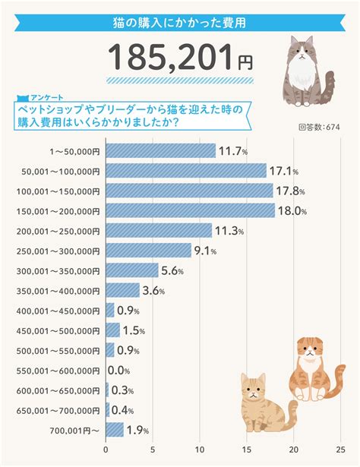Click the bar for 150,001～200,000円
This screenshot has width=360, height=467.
tap(191, 210)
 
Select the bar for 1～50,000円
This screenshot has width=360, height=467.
tap(161, 150)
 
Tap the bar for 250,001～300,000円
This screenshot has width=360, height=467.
tap(149, 251)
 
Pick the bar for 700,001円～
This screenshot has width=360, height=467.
tap(115, 430)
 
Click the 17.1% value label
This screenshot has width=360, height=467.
tap(284, 172)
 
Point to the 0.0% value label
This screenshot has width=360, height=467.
tap(118, 371)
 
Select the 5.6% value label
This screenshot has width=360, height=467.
tap(172, 271)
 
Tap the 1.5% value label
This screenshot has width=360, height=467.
tap(134, 331)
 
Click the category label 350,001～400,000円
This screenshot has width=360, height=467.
tap(58, 291)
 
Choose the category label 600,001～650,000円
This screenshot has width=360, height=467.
tap(58, 391)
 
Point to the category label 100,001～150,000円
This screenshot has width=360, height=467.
tap(58, 191)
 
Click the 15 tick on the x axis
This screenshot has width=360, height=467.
tap(247, 450)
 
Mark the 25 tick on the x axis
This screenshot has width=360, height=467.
tap(341, 450)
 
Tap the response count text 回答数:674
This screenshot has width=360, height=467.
tap(319, 127)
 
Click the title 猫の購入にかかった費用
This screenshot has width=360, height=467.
tap(179, 23)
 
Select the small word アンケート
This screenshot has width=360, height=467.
tap(47, 97)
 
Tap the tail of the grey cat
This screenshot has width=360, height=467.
tap(329, 87)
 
